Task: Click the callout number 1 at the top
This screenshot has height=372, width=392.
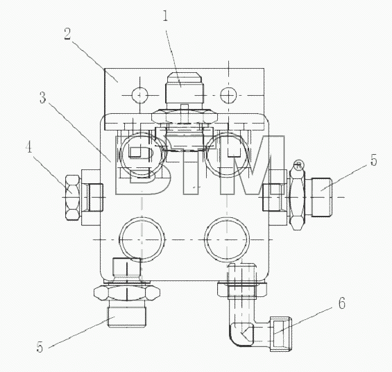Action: [165, 16]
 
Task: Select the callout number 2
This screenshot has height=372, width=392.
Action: [67, 34]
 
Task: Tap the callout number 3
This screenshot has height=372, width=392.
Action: [43, 97]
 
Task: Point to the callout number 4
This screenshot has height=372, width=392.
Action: [28, 146]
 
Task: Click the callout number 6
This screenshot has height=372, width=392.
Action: [342, 303]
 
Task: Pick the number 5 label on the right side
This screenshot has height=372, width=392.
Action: [373, 160]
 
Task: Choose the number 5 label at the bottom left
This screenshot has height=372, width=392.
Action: [40, 347]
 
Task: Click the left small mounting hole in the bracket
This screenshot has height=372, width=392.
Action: [140, 95]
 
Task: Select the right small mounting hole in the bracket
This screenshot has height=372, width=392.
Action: [228, 95]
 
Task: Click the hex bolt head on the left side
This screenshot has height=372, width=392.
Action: [73, 198]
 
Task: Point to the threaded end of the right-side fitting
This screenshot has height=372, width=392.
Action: [321, 196]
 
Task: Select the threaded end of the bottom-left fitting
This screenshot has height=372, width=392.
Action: [127, 317]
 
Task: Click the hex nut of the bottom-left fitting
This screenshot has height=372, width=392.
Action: [127, 293]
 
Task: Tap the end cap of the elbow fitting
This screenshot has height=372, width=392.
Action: [281, 334]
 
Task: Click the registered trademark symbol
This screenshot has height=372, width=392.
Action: [298, 165]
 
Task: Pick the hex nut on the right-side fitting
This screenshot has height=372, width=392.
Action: [297, 199]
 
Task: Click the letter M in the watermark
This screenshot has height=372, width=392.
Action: [252, 165]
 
